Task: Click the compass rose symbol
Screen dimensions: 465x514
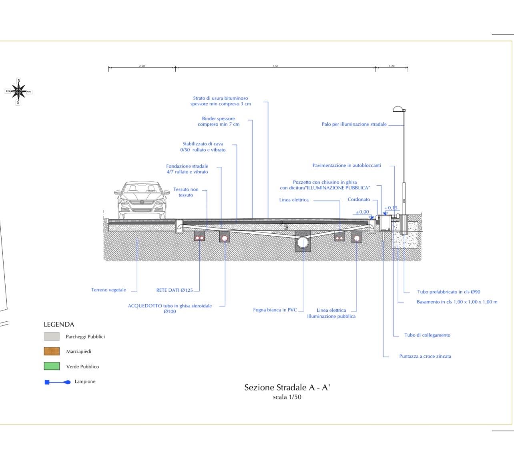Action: (x=18, y=92)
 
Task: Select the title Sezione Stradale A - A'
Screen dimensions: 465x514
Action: (x=287, y=387)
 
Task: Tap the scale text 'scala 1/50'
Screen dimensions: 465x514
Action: (x=287, y=397)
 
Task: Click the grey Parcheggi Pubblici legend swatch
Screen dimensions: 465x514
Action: (x=52, y=337)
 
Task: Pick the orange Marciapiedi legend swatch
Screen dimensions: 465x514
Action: (x=52, y=351)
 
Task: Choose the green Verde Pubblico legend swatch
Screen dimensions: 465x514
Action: (x=52, y=366)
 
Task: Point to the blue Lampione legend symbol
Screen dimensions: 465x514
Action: (x=57, y=382)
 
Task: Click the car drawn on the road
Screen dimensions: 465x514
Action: (x=141, y=200)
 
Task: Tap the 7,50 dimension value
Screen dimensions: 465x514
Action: (x=275, y=66)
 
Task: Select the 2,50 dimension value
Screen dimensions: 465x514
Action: (x=142, y=66)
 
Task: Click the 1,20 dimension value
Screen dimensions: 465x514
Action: (x=392, y=66)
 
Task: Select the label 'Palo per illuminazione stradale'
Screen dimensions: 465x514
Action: (x=354, y=124)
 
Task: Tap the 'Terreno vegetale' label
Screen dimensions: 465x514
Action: (x=108, y=290)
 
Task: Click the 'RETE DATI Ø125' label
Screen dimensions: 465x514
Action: (x=175, y=291)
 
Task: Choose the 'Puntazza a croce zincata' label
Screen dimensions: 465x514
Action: (x=425, y=356)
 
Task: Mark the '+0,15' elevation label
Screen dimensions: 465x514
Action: (x=391, y=208)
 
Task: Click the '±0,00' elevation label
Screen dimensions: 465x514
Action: (x=362, y=212)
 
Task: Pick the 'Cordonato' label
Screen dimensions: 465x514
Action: (x=359, y=199)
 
